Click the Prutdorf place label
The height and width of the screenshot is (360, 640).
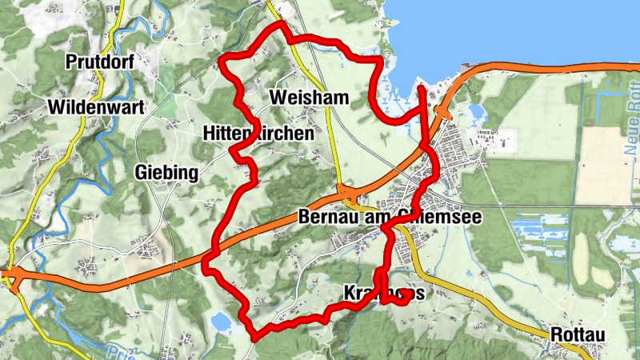pyautogui.click(x=100, y=62)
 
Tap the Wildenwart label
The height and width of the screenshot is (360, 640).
pyautogui.click(x=94, y=107)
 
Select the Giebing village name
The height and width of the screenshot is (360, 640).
pyautogui.click(x=166, y=172)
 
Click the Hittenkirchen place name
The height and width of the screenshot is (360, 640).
pyautogui.click(x=258, y=133)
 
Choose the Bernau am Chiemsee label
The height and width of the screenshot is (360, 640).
pyautogui.click(x=385, y=217)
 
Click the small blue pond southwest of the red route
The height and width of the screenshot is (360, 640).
pyautogui.click(x=221, y=322)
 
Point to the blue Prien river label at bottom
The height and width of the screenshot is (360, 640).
pyautogui.click(x=120, y=351)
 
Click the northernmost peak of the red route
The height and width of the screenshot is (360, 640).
pyautogui.click(x=282, y=24)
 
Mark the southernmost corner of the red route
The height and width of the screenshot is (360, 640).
pyautogui.click(x=254, y=336)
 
